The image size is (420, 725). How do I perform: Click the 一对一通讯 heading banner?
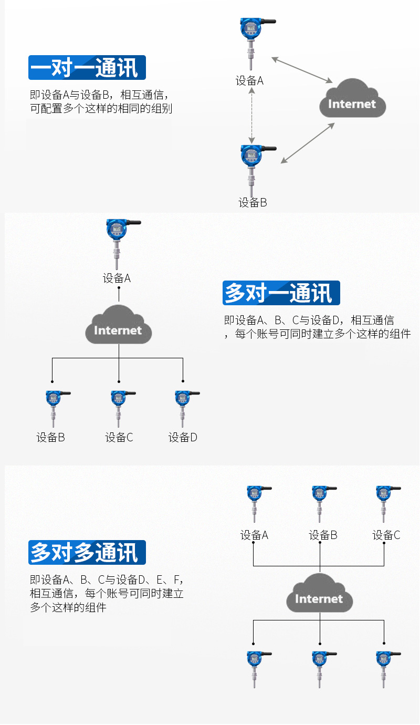[x=87, y=68]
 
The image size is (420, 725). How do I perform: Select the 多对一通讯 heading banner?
[x=281, y=293]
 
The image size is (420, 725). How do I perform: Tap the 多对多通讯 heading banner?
[x=87, y=552]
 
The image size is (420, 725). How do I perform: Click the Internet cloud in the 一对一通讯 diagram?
[x=352, y=100]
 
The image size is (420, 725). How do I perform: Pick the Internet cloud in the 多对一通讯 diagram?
[x=118, y=326]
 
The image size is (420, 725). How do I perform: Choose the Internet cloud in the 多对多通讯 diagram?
[x=319, y=595]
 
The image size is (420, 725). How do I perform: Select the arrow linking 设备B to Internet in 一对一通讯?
[x=308, y=143]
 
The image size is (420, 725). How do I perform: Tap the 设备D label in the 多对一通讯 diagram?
[x=183, y=437]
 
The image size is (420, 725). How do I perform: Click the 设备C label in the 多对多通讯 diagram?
[x=386, y=535]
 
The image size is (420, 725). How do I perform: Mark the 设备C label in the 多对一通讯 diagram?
[x=119, y=437]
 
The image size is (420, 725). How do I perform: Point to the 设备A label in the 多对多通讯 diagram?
[x=255, y=535]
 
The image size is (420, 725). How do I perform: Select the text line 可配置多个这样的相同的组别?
[x=101, y=109]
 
